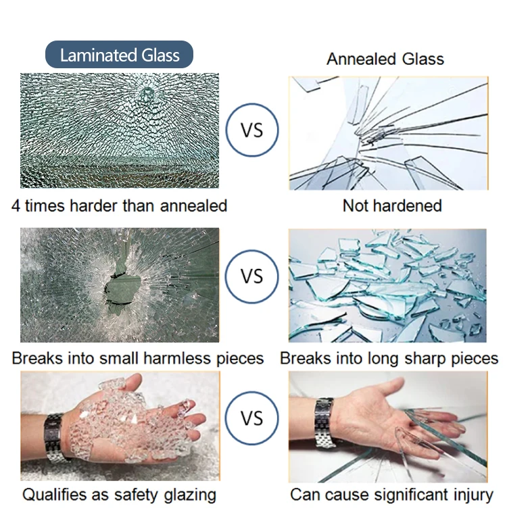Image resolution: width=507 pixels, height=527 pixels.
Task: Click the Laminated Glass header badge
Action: click(119, 55)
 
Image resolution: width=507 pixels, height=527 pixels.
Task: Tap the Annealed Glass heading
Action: click(385, 59)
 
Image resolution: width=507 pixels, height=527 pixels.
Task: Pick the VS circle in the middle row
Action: click(252, 276)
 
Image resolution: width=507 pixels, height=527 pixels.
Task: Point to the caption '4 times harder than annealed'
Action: click(119, 205)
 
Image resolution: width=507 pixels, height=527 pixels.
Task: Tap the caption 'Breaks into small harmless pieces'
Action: click(138, 358)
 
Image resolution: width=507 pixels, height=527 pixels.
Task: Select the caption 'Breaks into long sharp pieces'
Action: click(389, 358)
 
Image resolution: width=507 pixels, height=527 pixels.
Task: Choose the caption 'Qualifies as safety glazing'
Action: click(119, 495)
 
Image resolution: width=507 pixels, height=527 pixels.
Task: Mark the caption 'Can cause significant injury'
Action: click(391, 495)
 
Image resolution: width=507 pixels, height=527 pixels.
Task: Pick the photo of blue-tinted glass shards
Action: click(387, 285)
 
